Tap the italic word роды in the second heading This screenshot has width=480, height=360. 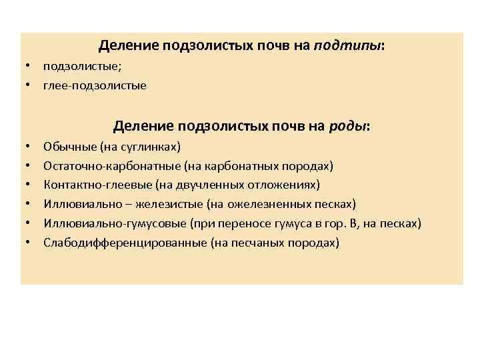click(x=347, y=126)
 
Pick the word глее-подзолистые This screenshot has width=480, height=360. click(x=95, y=86)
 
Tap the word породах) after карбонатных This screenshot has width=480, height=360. click(x=309, y=165)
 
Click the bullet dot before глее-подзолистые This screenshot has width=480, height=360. click(x=29, y=86)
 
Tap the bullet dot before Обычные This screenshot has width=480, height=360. click(x=29, y=146)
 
